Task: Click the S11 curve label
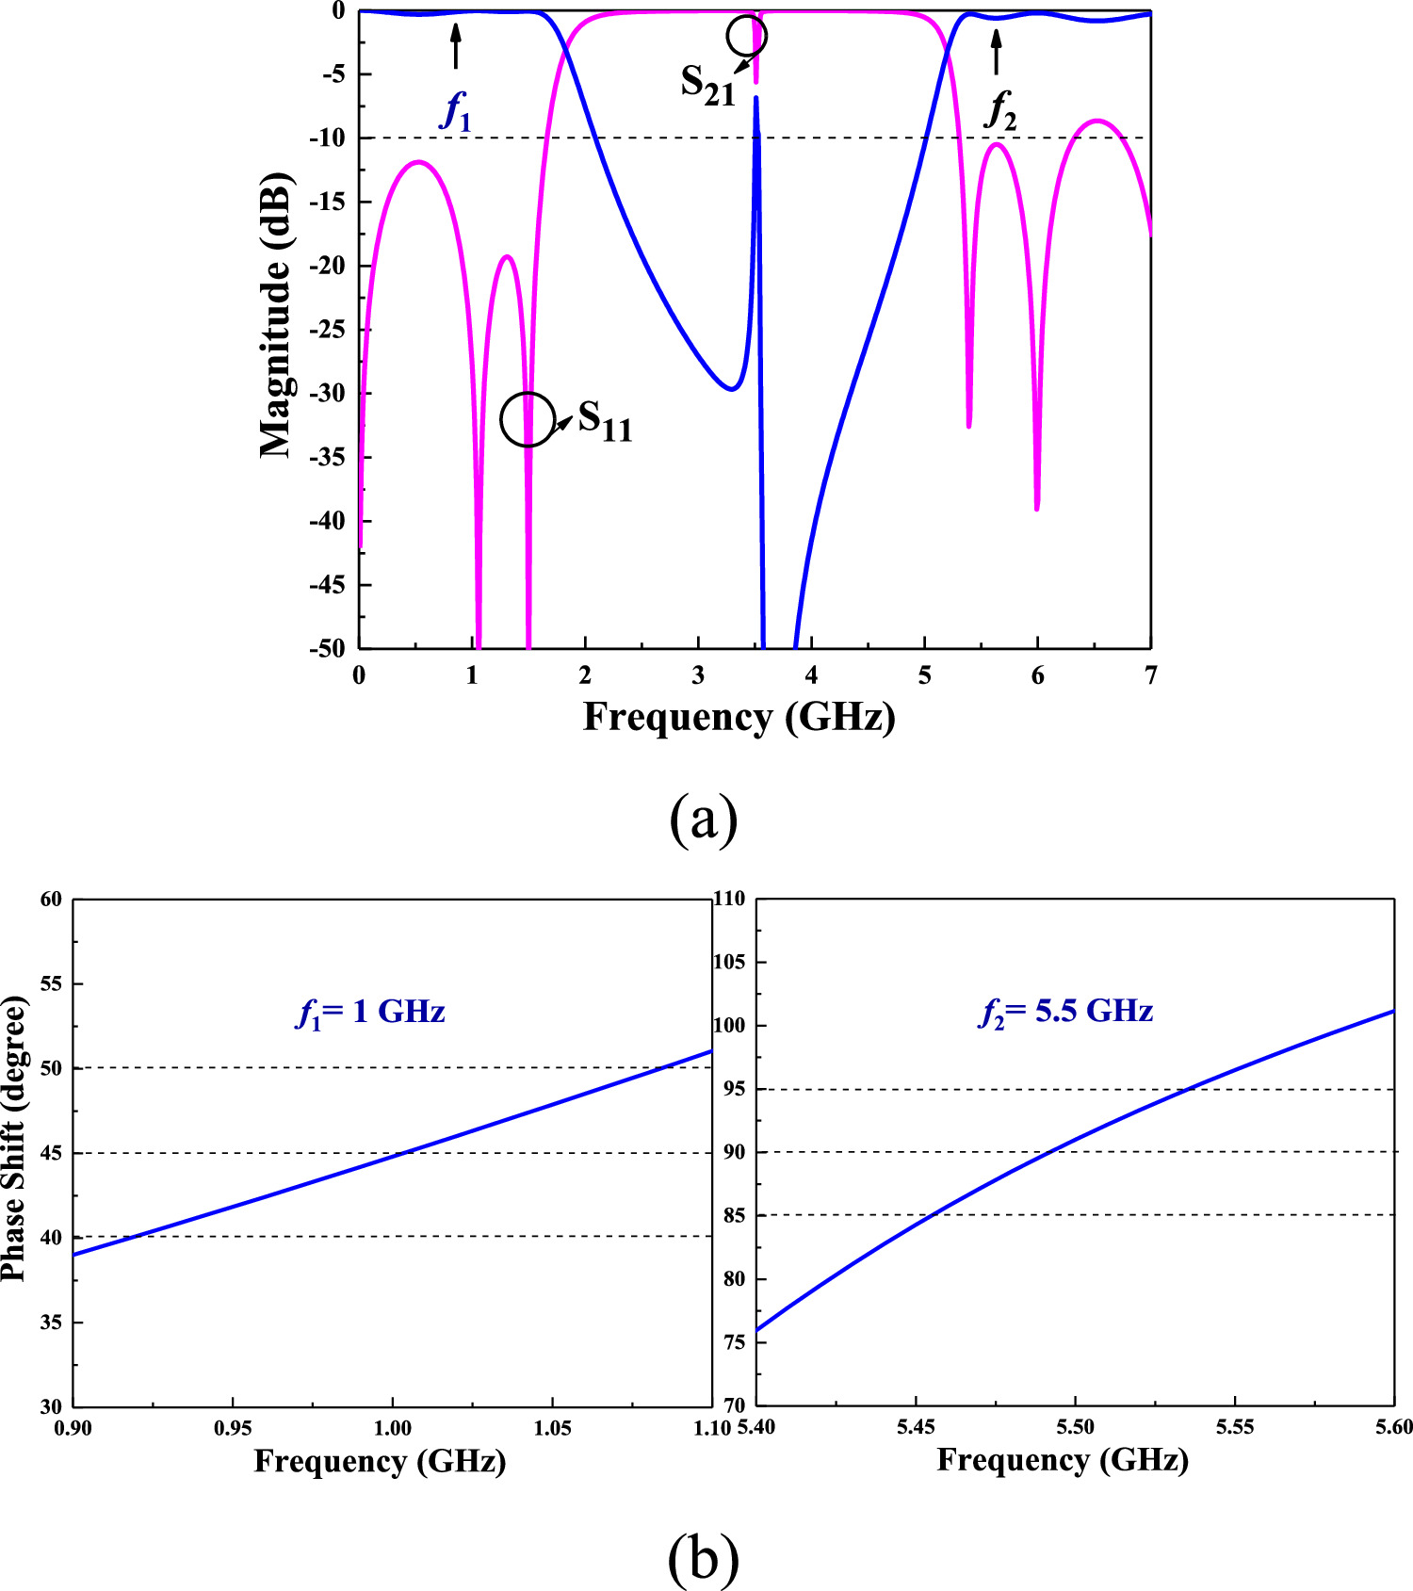(x=605, y=420)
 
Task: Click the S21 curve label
(x=707, y=85)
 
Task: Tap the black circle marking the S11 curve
(x=528, y=419)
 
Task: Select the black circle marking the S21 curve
(x=747, y=36)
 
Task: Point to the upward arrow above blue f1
(x=456, y=46)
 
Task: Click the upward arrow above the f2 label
(x=997, y=52)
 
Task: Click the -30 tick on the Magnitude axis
(x=326, y=393)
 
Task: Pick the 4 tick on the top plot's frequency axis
(x=811, y=676)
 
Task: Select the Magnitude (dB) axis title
(x=276, y=316)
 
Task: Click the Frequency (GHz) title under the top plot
(x=739, y=718)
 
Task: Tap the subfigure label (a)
(x=703, y=819)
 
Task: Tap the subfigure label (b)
(x=703, y=1559)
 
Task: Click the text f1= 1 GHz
(x=370, y=1013)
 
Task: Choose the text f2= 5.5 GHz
(x=1065, y=1013)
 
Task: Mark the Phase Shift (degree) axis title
(x=13, y=1138)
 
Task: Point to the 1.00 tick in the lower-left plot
(x=392, y=1428)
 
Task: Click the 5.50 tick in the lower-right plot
(x=1075, y=1427)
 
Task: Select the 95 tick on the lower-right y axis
(x=734, y=1089)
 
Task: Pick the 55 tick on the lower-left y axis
(x=51, y=984)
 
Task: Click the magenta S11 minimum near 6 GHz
(x=1036, y=507)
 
